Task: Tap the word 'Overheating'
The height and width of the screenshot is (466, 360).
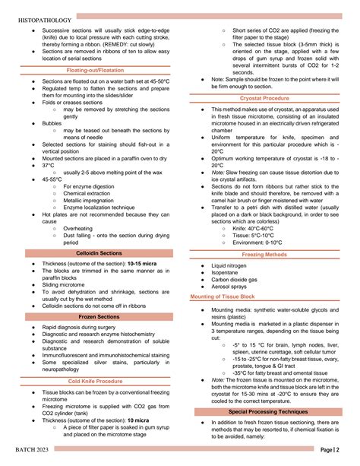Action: click(x=78, y=229)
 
